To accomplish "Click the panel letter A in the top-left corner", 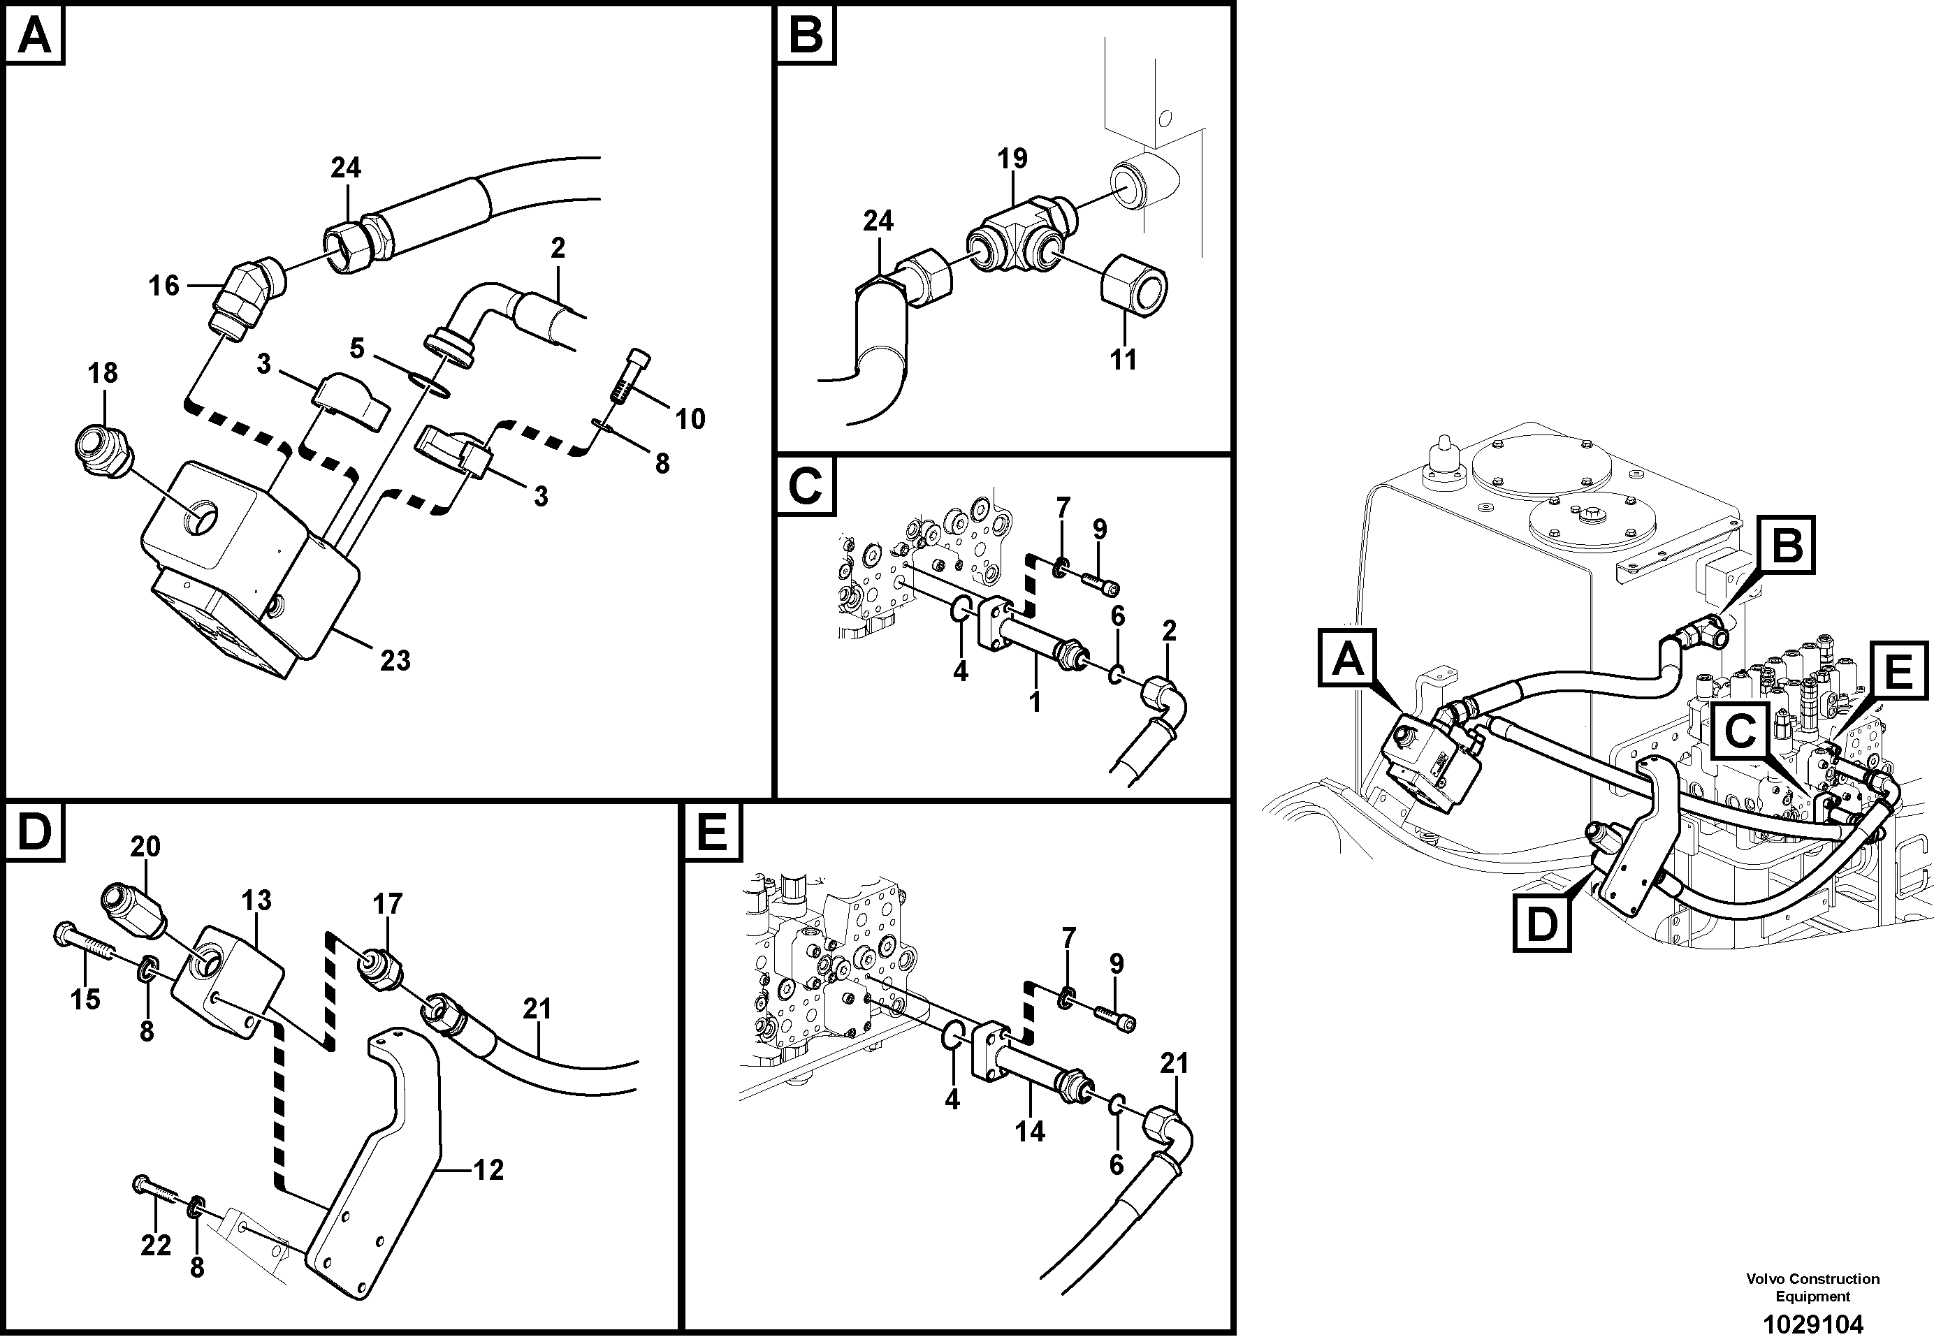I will tap(34, 36).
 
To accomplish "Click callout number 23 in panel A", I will tap(395, 660).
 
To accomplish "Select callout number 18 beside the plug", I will tap(103, 372).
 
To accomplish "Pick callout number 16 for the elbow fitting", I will tap(164, 286).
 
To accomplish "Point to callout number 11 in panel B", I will tap(1123, 359).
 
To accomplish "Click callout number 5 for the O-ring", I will tap(357, 348).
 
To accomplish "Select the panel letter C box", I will tap(806, 486).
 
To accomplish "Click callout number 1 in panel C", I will tap(1034, 701).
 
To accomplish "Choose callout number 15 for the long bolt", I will tap(85, 1000).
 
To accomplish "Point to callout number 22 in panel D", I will tap(156, 1245).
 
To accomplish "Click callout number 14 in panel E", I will tap(1029, 1132).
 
